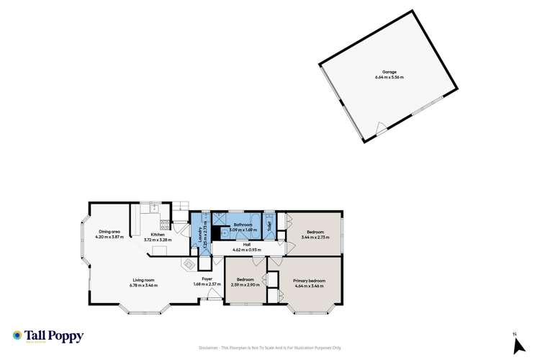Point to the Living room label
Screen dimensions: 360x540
click(144, 281)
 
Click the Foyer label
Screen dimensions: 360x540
click(206, 280)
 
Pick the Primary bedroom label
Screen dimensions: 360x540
click(309, 280)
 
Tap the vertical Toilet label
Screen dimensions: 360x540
click(270, 224)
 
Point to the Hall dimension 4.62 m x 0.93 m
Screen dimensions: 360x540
click(246, 250)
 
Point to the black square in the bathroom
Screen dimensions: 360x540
click(214, 232)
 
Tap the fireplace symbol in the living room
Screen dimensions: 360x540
click(189, 264)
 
